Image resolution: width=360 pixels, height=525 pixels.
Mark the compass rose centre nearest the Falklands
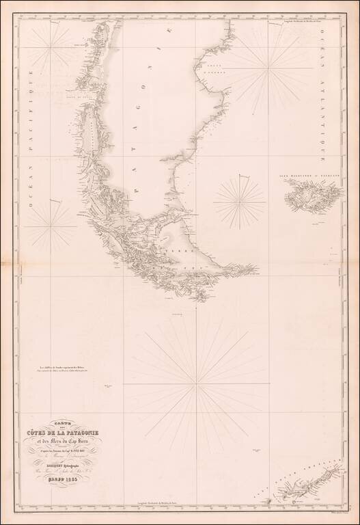click(x=239, y=201)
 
